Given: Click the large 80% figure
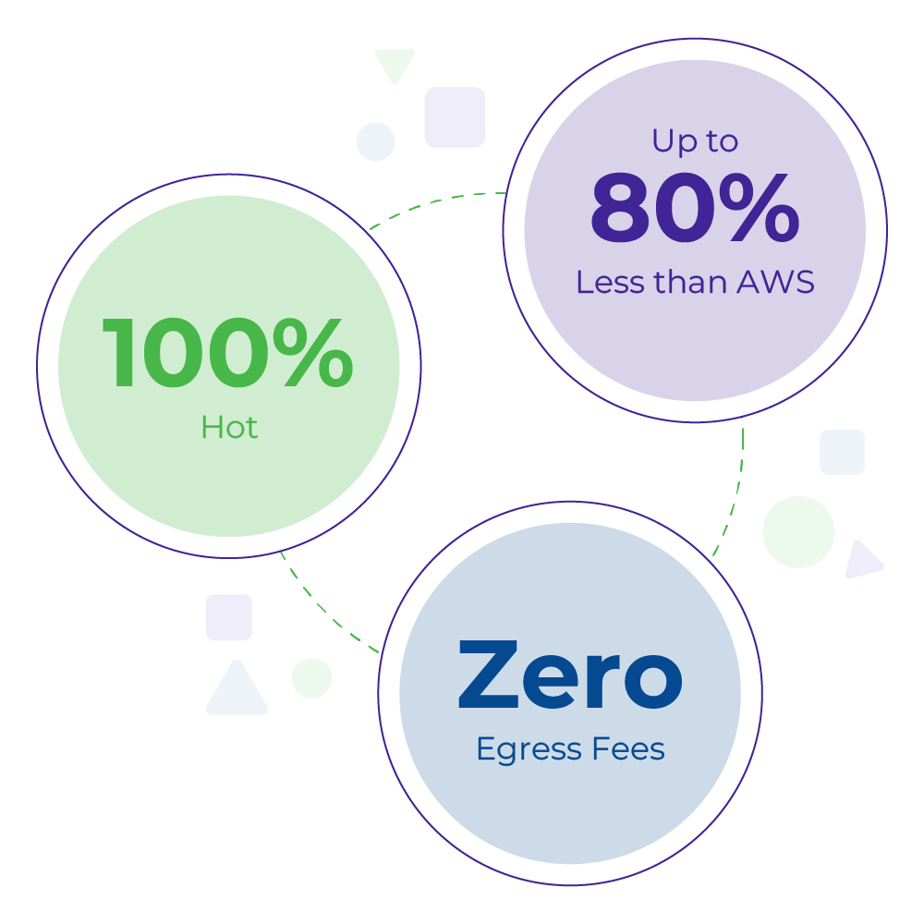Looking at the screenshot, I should point(694,211).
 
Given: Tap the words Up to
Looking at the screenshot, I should point(695,141).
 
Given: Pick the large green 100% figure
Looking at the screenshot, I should point(227,354).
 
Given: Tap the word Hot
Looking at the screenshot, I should point(229,428).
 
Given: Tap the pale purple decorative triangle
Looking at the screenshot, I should point(862,561).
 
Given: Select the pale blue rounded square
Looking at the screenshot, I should point(842,452).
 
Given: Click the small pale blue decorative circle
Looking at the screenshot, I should point(376,141).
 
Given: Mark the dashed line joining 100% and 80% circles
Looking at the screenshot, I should point(434,201).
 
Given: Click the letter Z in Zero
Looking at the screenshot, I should point(490,677).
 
